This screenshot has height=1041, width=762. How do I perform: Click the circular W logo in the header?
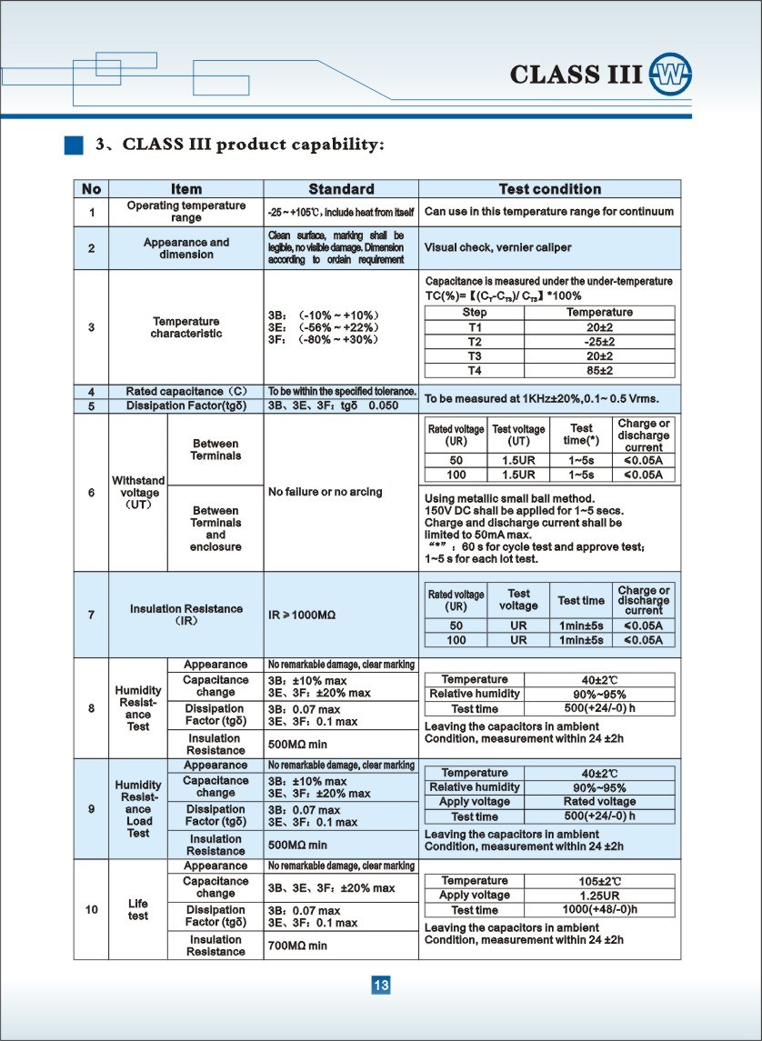[x=671, y=75]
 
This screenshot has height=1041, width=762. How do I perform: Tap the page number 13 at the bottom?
[x=381, y=986]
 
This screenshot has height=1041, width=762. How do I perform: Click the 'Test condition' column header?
[x=550, y=189]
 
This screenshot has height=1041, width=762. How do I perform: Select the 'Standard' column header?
[x=341, y=189]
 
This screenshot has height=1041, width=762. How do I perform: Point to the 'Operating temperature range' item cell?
[x=185, y=212]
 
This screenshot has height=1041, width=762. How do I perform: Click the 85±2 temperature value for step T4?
[x=599, y=371]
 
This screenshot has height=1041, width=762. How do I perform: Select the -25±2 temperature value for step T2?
[x=599, y=342]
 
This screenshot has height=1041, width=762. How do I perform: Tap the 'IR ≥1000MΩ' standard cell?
[x=302, y=616]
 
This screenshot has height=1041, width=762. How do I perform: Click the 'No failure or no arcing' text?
[x=326, y=492]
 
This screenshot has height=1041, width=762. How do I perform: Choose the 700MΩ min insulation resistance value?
[x=297, y=946]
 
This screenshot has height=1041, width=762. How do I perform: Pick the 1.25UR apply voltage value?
[x=599, y=896]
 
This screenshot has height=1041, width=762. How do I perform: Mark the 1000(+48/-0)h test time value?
[x=599, y=910]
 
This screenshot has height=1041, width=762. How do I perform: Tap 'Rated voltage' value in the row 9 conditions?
[x=599, y=802]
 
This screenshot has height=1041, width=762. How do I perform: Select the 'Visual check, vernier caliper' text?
[x=498, y=248]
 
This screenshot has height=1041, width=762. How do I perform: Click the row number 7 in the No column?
[x=91, y=616]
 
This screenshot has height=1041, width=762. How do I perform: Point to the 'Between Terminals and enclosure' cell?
[x=216, y=529]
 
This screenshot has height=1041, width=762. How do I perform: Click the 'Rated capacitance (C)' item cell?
[x=185, y=391]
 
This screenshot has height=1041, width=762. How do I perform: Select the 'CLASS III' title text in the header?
[x=576, y=75]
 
